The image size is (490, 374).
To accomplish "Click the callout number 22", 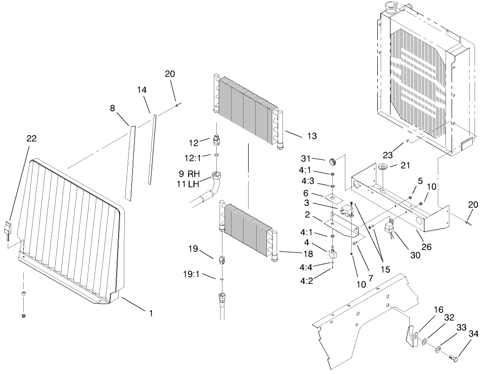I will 31,139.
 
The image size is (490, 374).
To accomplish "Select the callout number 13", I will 312,136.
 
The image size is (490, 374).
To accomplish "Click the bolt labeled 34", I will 453,359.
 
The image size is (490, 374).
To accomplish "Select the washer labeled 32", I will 424,343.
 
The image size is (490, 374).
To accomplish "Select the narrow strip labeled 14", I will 152,148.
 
